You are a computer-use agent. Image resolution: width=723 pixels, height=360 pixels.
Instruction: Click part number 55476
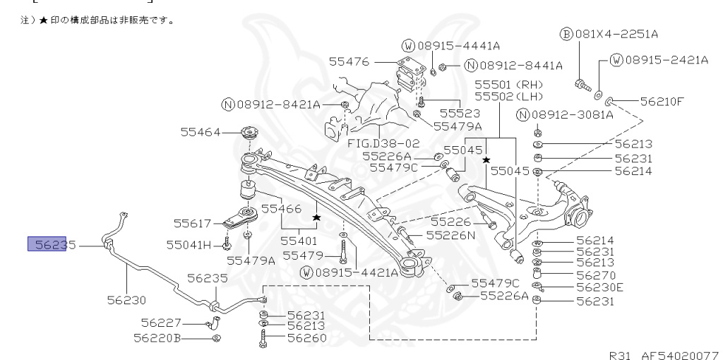click(349, 62)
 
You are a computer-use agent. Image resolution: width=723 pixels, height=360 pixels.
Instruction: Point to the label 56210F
click(662, 101)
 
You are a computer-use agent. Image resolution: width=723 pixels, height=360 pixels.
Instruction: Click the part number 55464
click(201, 132)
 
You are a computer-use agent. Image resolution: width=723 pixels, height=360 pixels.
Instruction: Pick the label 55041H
click(189, 244)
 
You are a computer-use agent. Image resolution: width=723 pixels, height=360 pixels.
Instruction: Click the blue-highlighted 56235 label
click(51, 245)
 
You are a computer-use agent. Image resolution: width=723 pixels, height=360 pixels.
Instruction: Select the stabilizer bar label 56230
click(127, 299)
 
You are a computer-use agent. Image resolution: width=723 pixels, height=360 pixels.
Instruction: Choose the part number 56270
click(595, 275)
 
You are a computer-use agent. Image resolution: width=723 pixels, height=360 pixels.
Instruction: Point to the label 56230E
click(599, 287)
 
